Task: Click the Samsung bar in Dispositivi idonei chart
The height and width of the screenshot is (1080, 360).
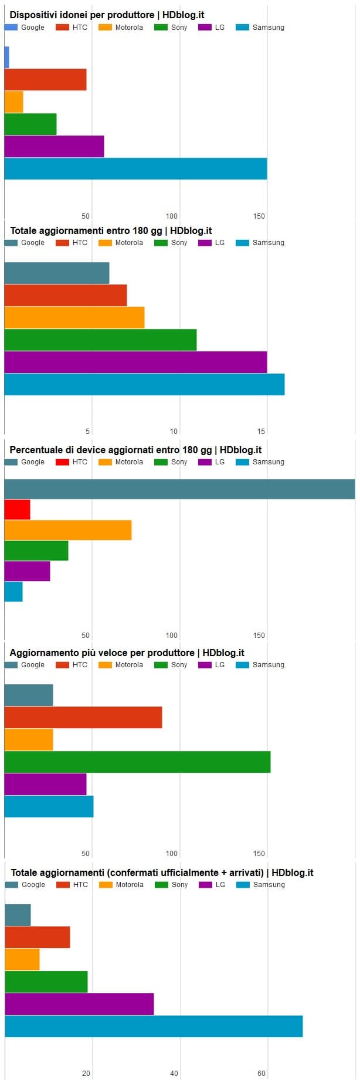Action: [135, 169]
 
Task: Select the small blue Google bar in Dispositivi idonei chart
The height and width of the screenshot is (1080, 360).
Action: [6, 57]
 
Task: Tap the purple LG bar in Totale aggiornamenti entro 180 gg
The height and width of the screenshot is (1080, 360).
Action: [135, 362]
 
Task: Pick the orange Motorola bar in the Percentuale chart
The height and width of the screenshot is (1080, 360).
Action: [67, 530]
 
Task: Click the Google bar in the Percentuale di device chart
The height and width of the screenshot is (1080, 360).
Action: [179, 489]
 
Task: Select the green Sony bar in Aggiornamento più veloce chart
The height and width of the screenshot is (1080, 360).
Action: [137, 762]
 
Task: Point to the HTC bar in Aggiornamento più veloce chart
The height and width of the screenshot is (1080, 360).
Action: [83, 718]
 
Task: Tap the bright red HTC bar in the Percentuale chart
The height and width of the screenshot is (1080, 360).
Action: [17, 510]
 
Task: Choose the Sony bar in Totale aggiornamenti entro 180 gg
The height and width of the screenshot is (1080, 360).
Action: [100, 340]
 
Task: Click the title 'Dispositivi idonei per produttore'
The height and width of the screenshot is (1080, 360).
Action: [107, 15]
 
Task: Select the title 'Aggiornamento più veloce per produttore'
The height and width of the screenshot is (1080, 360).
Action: [127, 653]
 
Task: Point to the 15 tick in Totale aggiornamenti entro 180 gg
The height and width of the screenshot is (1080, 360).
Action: [261, 432]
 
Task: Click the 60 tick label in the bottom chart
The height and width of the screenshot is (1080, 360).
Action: [261, 1074]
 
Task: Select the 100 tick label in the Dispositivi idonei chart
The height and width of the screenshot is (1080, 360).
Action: [171, 216]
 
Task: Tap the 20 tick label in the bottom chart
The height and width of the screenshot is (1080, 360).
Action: [86, 1074]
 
